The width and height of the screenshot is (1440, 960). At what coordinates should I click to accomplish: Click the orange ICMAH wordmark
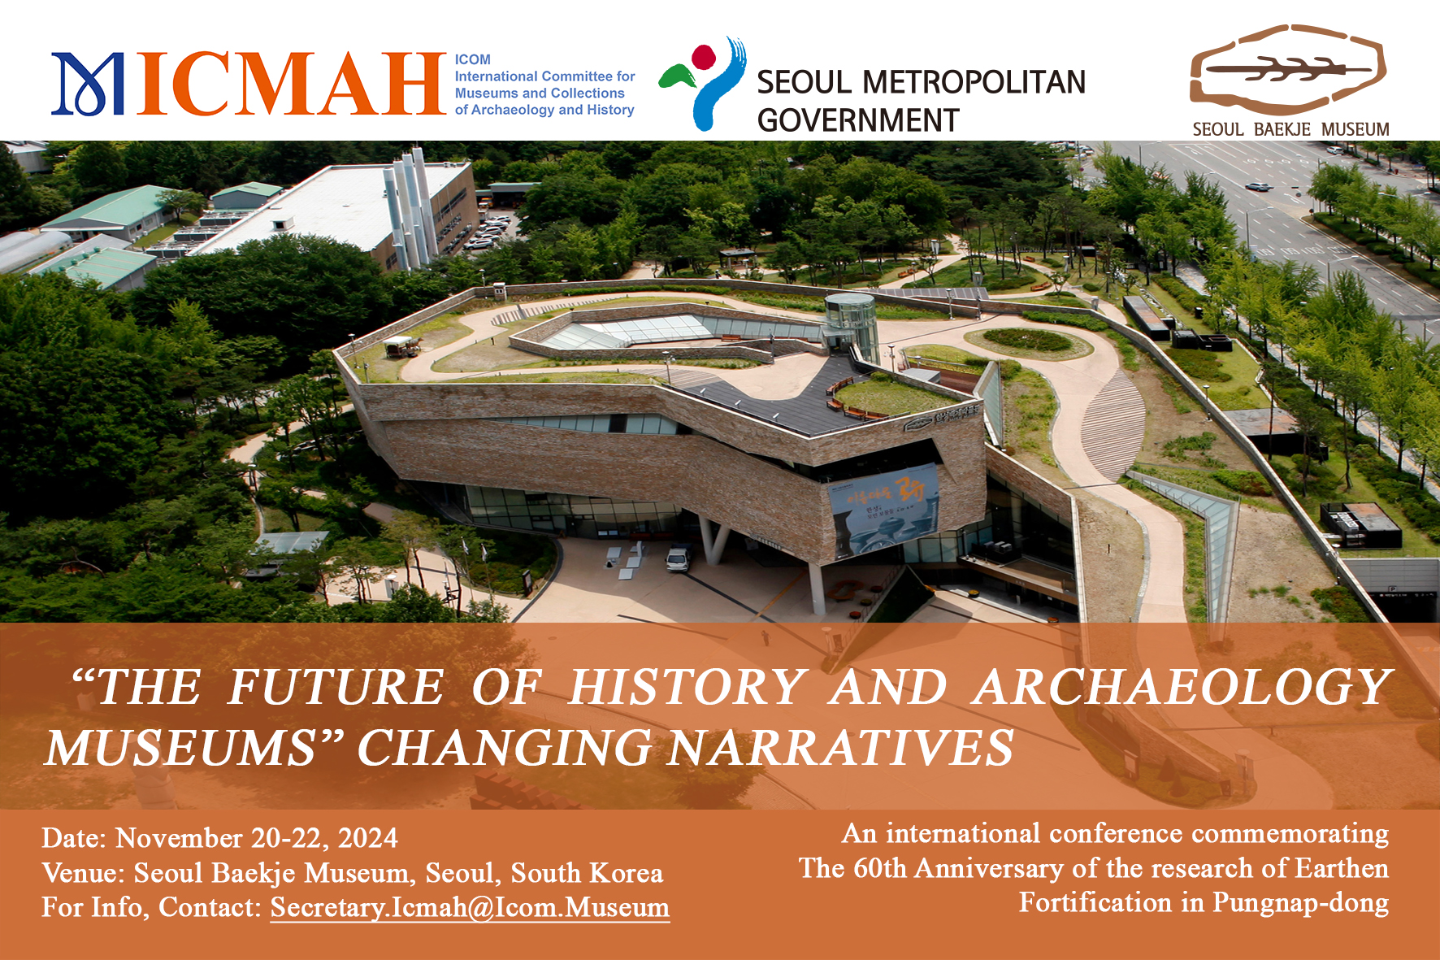click(x=293, y=84)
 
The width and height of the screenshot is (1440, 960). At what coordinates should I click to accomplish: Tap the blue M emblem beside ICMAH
click(x=88, y=84)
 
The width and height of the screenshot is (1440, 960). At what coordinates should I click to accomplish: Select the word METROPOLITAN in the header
click(x=973, y=82)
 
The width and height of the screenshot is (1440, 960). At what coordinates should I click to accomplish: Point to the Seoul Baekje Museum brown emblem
click(x=1288, y=70)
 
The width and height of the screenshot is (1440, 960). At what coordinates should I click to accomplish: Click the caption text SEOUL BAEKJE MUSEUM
click(x=1290, y=129)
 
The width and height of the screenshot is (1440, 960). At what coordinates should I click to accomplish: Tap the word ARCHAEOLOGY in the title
click(x=1182, y=688)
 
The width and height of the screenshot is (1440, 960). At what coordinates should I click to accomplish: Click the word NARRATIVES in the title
click(x=840, y=748)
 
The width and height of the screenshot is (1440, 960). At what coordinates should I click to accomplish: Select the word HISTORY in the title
click(x=687, y=688)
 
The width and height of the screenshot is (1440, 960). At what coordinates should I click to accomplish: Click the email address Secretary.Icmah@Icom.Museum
click(x=470, y=907)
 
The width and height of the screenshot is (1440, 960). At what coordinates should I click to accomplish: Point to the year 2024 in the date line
click(x=367, y=838)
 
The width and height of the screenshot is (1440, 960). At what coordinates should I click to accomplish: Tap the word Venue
click(x=83, y=873)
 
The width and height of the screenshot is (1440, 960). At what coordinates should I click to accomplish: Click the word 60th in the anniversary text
click(x=879, y=869)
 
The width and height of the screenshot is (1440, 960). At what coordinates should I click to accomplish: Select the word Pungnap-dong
click(x=1300, y=903)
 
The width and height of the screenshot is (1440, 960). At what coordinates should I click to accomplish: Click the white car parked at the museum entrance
click(x=678, y=559)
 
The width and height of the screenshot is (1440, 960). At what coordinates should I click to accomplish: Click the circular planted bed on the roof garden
click(x=1027, y=340)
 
